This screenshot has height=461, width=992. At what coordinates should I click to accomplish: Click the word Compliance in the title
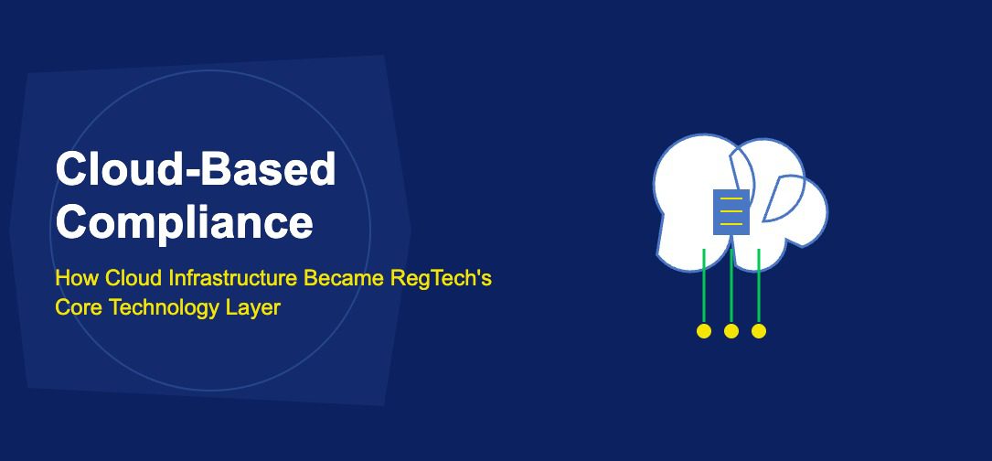tap(184, 222)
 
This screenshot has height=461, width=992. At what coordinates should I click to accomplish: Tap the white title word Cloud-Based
tap(196, 169)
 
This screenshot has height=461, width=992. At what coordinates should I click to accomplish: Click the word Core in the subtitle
tap(78, 307)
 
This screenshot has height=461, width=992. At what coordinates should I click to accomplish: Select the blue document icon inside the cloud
tap(731, 212)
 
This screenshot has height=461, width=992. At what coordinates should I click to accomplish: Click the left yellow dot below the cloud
tap(704, 331)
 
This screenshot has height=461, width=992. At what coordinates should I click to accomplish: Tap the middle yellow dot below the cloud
tap(731, 331)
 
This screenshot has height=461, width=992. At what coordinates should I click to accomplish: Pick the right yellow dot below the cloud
tap(759, 331)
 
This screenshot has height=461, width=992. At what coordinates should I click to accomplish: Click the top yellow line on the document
tap(731, 200)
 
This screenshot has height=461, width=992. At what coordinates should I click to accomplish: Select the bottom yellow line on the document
tap(731, 223)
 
